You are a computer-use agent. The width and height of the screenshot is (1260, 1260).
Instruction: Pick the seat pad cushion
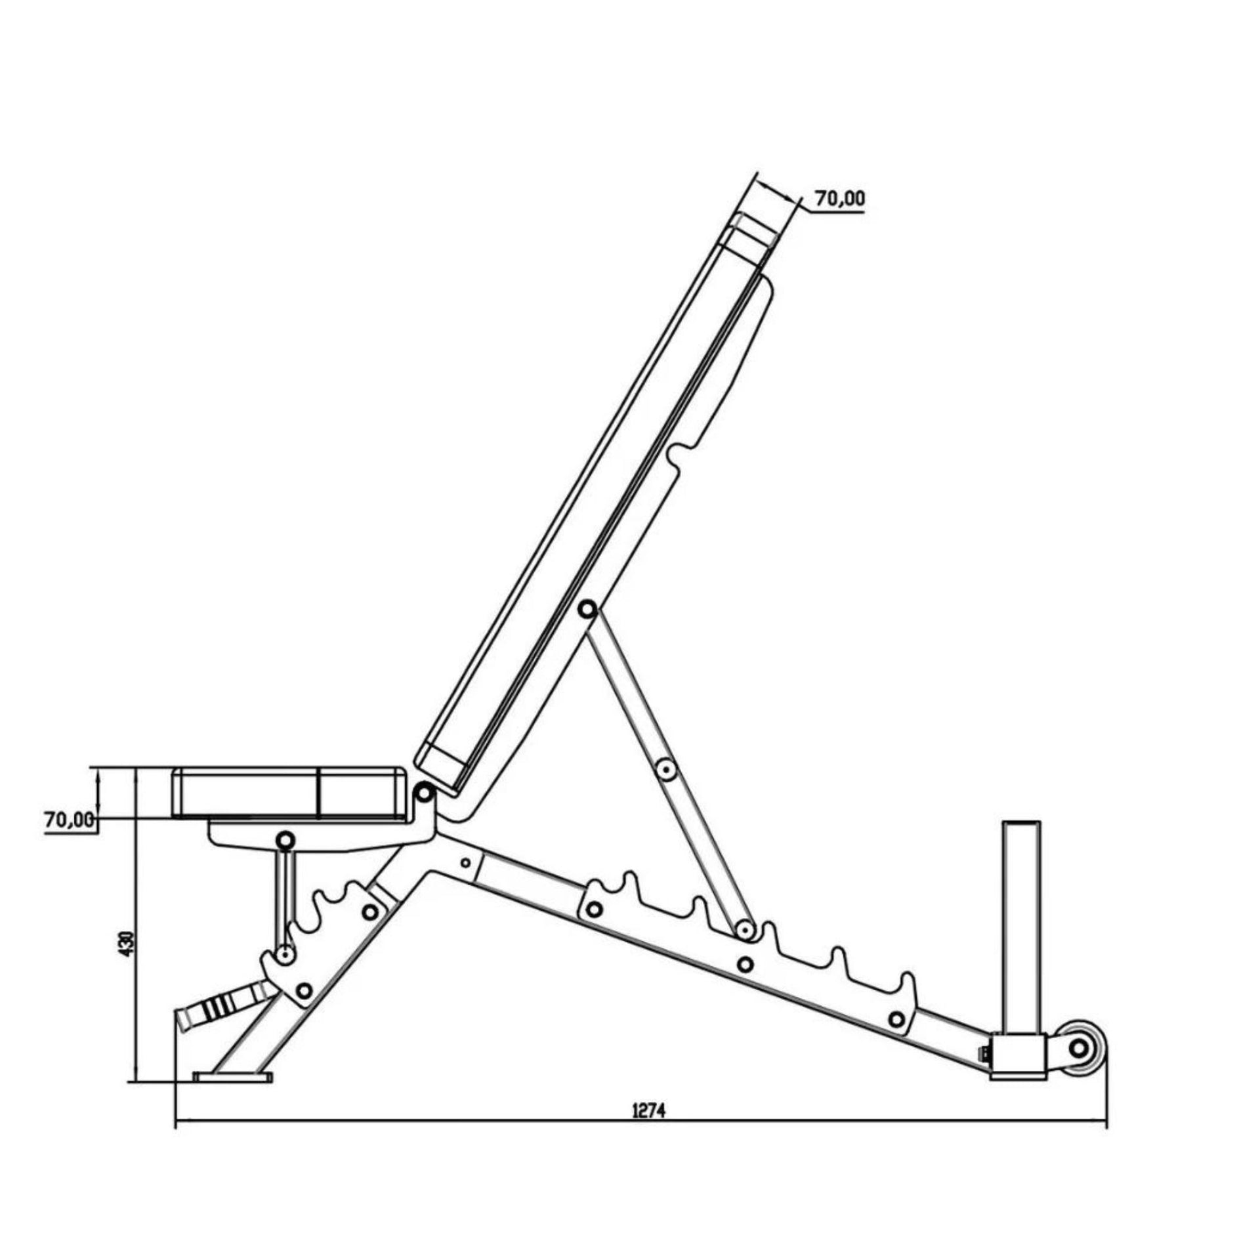[x=287, y=791]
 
